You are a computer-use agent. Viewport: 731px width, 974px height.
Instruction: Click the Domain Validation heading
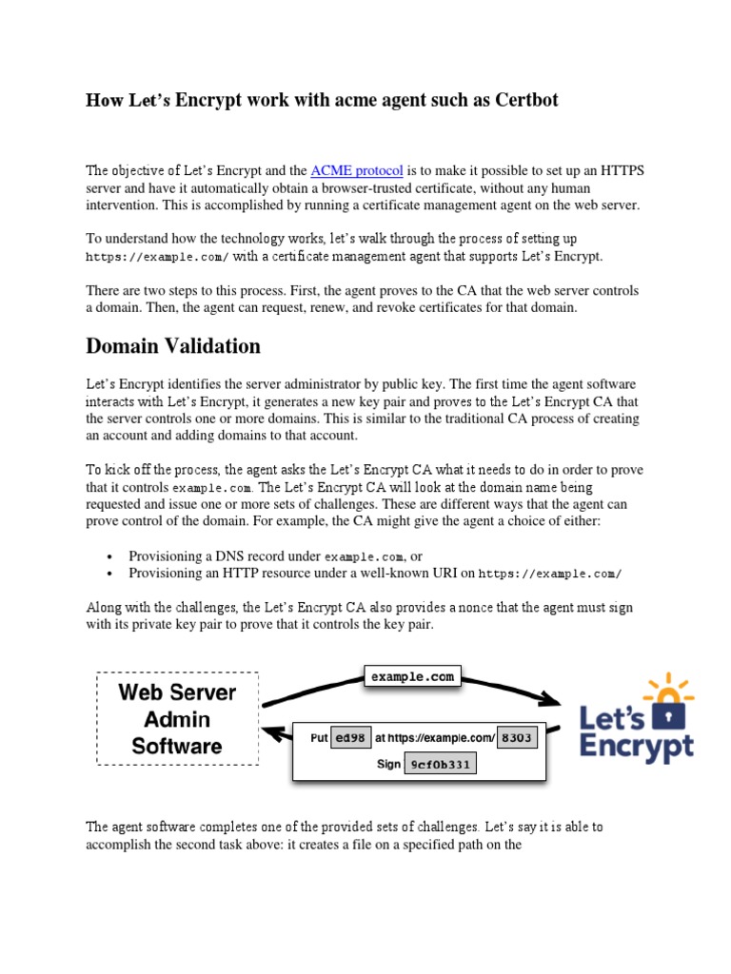pyautogui.click(x=172, y=346)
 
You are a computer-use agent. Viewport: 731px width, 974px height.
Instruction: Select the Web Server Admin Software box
pyautogui.click(x=177, y=719)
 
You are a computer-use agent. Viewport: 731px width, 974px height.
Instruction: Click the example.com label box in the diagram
pyautogui.click(x=413, y=676)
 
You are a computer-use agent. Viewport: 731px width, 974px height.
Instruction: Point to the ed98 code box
pyautogui.click(x=350, y=738)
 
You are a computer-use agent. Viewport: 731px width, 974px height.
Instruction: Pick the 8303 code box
pyautogui.click(x=518, y=738)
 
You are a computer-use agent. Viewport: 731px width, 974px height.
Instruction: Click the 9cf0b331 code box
pyautogui.click(x=440, y=764)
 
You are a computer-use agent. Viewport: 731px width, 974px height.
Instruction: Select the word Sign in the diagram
pyautogui.click(x=388, y=764)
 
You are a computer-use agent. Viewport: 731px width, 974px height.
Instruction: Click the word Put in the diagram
pyautogui.click(x=320, y=738)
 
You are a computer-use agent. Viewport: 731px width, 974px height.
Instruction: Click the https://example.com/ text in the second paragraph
pyautogui.click(x=157, y=257)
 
